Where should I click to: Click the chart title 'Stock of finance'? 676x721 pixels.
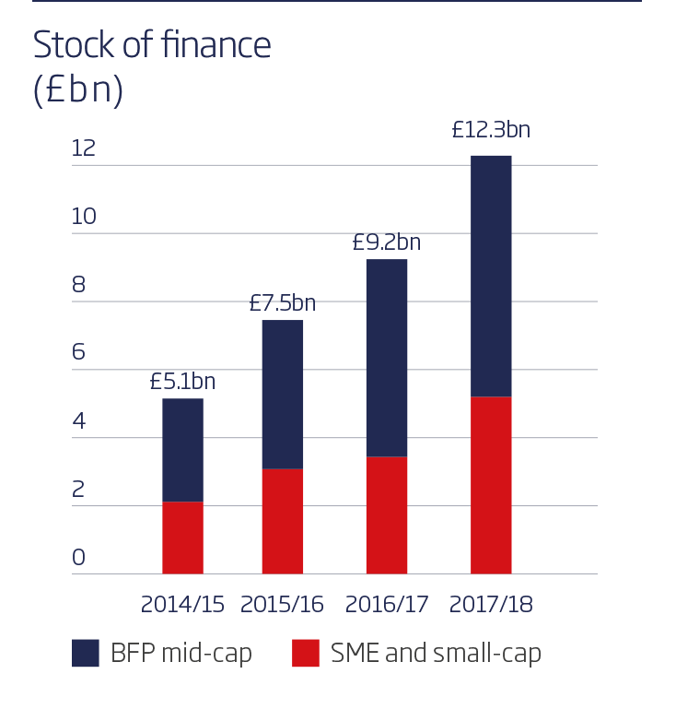tap(152, 44)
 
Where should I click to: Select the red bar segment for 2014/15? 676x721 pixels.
tap(182, 538)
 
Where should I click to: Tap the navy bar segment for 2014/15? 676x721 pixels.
tap(182, 450)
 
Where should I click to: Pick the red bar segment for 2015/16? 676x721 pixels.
tap(283, 521)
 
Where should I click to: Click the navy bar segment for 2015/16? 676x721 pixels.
tap(283, 395)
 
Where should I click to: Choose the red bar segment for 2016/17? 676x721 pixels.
tap(387, 514)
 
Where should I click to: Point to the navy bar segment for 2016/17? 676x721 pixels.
tap(387, 358)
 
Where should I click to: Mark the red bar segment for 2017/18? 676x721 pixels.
tap(491, 485)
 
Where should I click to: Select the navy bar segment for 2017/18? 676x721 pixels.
tap(491, 276)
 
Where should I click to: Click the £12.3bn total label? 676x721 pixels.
tap(491, 130)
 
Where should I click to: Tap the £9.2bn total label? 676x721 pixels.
tap(387, 242)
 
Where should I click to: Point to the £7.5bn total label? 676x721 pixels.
tap(283, 303)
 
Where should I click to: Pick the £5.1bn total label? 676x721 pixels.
tap(182, 382)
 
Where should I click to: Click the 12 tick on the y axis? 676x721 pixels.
tap(84, 148)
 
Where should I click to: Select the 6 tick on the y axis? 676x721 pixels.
tap(78, 352)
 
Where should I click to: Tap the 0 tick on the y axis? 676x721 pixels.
tap(78, 557)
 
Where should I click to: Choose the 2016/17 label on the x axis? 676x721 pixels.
tap(387, 605)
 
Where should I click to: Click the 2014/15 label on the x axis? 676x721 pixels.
tap(182, 605)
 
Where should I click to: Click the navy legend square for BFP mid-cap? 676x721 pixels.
tap(85, 653)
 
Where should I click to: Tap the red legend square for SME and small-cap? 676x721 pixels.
tap(306, 653)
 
